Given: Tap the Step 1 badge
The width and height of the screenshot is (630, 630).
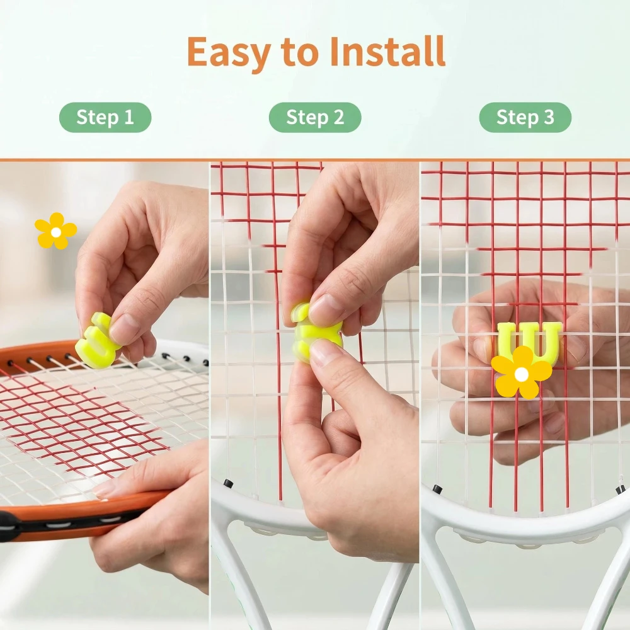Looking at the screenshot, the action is click(105, 117).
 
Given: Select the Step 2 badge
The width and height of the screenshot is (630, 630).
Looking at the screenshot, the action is click(315, 117).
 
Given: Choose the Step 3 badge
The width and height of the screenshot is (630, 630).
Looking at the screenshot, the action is click(525, 117).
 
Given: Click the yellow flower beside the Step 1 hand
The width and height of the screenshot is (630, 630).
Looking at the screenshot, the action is click(56, 231).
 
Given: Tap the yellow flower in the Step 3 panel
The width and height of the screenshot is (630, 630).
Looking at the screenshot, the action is click(522, 374).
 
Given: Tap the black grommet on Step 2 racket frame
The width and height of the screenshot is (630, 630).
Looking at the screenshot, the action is click(228, 483).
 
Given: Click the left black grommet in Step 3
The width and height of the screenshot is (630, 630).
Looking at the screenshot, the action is click(438, 490).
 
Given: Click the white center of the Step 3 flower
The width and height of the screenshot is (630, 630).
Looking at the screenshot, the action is click(522, 374).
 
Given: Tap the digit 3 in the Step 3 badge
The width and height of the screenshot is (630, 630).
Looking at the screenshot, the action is click(549, 117).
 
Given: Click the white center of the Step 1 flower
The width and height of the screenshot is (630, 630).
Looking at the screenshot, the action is click(56, 232).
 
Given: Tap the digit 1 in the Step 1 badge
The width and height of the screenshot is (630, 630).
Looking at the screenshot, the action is click(129, 117).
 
